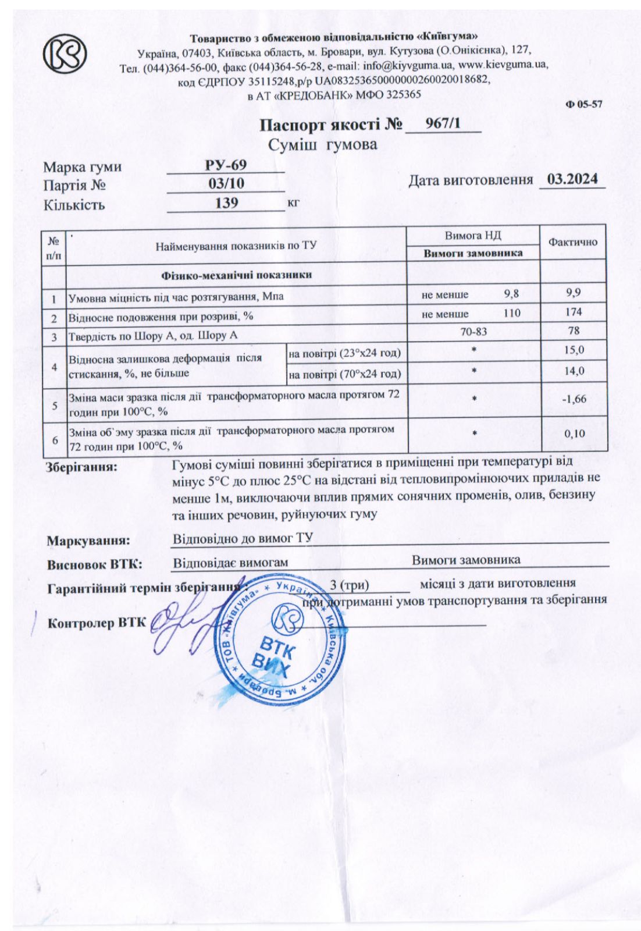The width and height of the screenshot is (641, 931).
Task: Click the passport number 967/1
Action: click(443, 123)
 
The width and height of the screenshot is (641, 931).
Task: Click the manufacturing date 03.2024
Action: click(572, 179)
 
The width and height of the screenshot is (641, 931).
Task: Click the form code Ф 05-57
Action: click(583, 104)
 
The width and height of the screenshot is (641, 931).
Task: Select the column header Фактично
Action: click(573, 242)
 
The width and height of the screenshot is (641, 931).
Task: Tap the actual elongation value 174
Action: click(574, 312)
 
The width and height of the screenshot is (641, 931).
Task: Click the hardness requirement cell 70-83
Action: click(473, 332)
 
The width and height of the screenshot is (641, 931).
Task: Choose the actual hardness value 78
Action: click(574, 331)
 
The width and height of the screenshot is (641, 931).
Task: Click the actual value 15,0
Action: click(574, 350)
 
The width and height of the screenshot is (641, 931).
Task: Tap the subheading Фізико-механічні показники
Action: click(236, 275)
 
